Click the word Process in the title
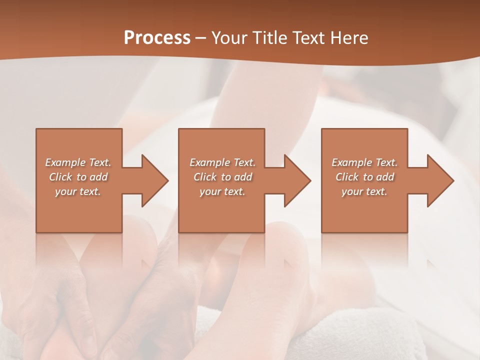[x=157, y=38]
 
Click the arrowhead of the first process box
[x=154, y=180]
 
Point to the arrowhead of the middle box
[x=297, y=180]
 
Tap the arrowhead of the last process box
[x=440, y=180]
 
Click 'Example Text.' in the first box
[x=78, y=162]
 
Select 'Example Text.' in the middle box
[x=222, y=162]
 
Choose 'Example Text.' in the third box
[x=364, y=162]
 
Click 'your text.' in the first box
[x=78, y=191]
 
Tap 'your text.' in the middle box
[x=222, y=191]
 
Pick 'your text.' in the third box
[x=364, y=191]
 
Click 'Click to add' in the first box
[x=78, y=177]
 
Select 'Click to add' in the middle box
[x=222, y=177]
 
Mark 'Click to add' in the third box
[x=364, y=177]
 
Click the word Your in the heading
[x=228, y=38]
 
